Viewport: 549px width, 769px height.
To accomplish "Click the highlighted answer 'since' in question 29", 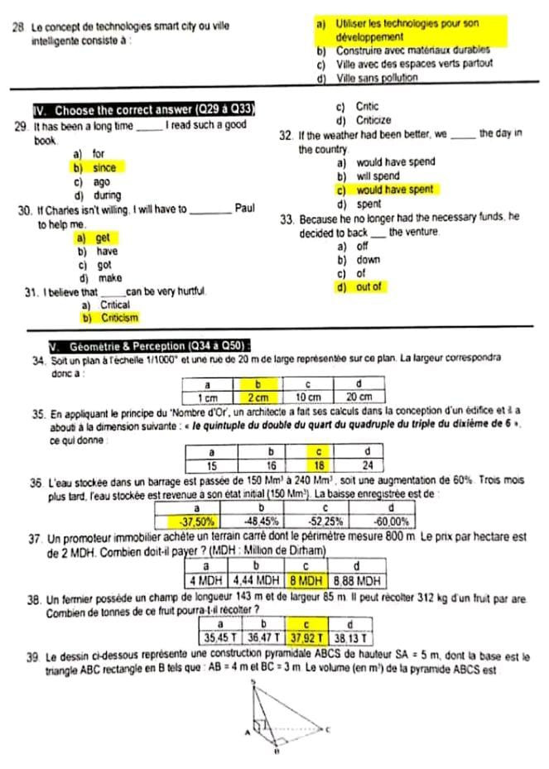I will tap(104, 168).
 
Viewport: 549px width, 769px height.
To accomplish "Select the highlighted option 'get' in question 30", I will tap(103, 238).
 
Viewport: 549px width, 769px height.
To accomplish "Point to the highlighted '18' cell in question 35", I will tap(318, 464).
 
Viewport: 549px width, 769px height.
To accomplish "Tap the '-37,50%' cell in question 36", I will tap(198, 521).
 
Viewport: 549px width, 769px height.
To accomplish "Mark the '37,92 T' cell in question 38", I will tap(305, 637).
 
